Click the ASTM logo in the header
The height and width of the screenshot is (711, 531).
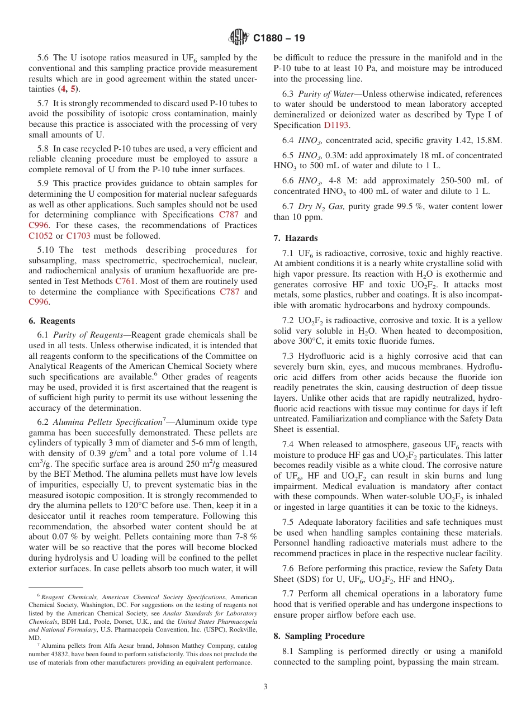[x=239, y=38]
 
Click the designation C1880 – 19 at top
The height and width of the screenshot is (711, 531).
[x=279, y=39]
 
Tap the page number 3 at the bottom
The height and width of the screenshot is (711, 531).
[x=265, y=686]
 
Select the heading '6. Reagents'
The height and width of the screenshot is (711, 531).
[x=51, y=321]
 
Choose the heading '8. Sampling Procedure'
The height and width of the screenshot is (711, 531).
[x=319, y=636]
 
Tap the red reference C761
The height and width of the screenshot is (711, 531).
[x=125, y=281]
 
